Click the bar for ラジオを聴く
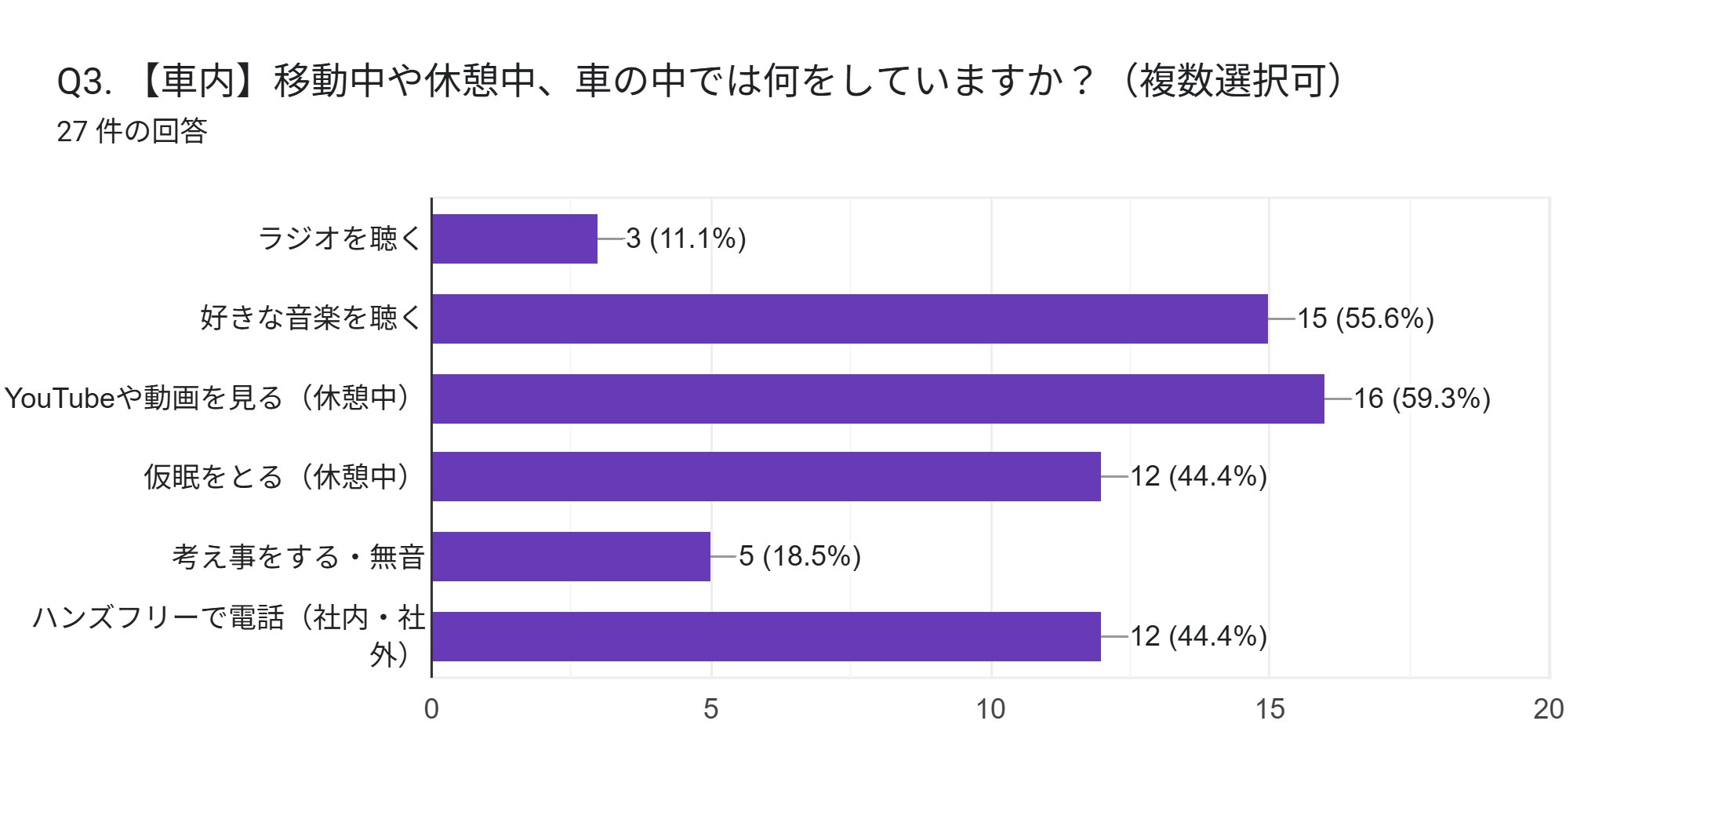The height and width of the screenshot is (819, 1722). (x=514, y=238)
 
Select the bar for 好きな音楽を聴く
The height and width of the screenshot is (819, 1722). (x=849, y=318)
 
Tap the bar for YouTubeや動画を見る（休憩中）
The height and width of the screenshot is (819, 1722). (x=877, y=399)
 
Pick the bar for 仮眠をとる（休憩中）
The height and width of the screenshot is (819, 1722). (x=766, y=476)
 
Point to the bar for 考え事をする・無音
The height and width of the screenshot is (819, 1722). (x=571, y=556)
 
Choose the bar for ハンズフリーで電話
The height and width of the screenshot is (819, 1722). (x=766, y=636)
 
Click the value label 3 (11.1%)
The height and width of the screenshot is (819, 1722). (x=686, y=238)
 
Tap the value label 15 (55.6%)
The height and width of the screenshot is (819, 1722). (x=1365, y=318)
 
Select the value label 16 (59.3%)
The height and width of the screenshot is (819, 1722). (x=1422, y=399)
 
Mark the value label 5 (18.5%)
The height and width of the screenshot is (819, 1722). (x=800, y=556)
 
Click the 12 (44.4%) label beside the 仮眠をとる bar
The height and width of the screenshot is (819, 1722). (x=1198, y=476)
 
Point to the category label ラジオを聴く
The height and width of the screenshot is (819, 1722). (x=340, y=238)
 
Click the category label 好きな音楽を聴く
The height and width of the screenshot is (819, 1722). (x=311, y=318)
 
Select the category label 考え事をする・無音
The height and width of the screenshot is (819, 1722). (x=298, y=557)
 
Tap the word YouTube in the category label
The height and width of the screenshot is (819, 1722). (x=60, y=399)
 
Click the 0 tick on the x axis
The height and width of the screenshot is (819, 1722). (x=431, y=709)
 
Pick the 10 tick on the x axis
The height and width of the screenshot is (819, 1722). (x=990, y=709)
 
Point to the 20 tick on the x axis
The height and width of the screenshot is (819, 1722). (x=1549, y=709)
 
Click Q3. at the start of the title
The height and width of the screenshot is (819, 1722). (x=84, y=82)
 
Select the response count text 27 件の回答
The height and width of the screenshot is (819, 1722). (x=132, y=131)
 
